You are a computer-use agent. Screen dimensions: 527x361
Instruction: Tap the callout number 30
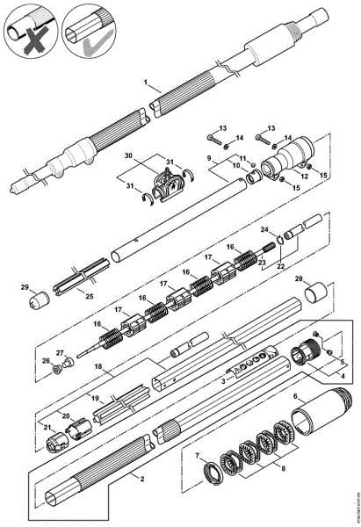tap(130, 155)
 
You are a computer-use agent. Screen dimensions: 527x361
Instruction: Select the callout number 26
tap(46, 360)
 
